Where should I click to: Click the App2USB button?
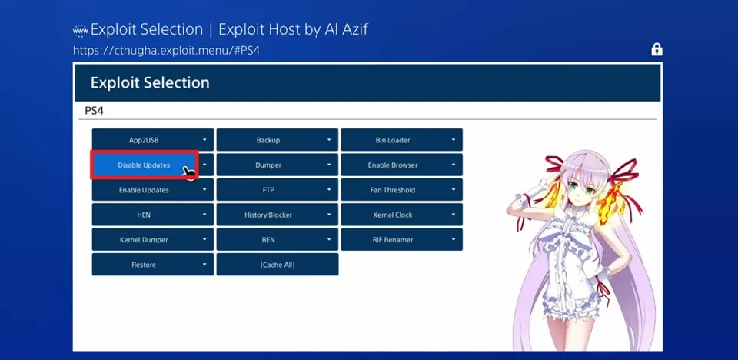click(152, 140)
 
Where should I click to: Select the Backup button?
click(278, 140)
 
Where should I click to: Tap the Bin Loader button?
click(401, 140)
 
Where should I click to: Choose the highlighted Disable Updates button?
click(144, 165)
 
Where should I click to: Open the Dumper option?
click(278, 165)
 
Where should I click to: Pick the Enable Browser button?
click(401, 165)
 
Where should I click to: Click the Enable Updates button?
click(152, 190)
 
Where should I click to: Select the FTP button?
click(278, 190)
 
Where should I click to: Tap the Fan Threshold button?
click(401, 190)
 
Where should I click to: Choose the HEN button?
click(152, 215)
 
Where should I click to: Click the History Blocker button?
click(278, 215)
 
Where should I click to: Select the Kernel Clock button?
click(401, 215)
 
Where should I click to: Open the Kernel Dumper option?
click(152, 240)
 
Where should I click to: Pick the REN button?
click(278, 240)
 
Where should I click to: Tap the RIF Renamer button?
click(401, 240)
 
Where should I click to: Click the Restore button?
click(152, 265)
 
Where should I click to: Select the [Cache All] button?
click(278, 265)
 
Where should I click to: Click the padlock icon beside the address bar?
click(657, 49)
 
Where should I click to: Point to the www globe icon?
click(81, 30)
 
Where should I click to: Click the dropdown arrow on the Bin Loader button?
click(454, 140)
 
